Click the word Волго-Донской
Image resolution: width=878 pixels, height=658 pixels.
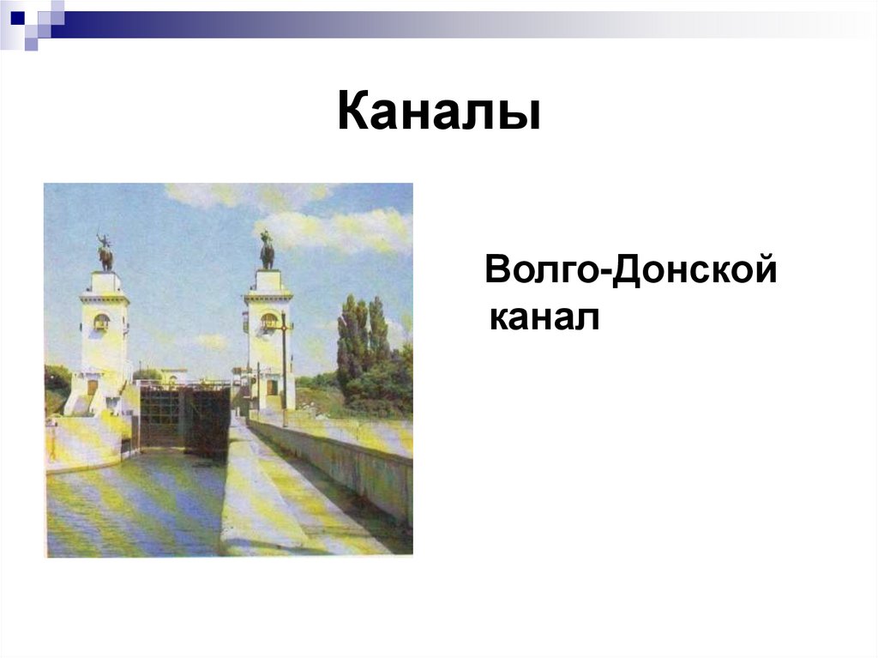click(x=630, y=272)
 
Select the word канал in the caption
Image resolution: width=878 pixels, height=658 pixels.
click(x=542, y=318)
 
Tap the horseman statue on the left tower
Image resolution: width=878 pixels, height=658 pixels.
click(x=105, y=253)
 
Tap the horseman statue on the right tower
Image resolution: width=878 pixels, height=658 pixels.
click(x=267, y=251)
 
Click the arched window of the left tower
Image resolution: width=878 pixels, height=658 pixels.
click(x=101, y=322)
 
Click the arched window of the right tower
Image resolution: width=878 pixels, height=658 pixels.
click(x=268, y=321)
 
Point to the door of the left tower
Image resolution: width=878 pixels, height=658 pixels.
click(x=93, y=388)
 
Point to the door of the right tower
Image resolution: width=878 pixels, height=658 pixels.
click(x=271, y=387)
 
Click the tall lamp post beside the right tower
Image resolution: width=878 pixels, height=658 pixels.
click(x=284, y=369)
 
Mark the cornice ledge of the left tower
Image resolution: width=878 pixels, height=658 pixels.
click(x=105, y=298)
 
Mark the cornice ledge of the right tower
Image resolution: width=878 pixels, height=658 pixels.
click(x=268, y=297)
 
